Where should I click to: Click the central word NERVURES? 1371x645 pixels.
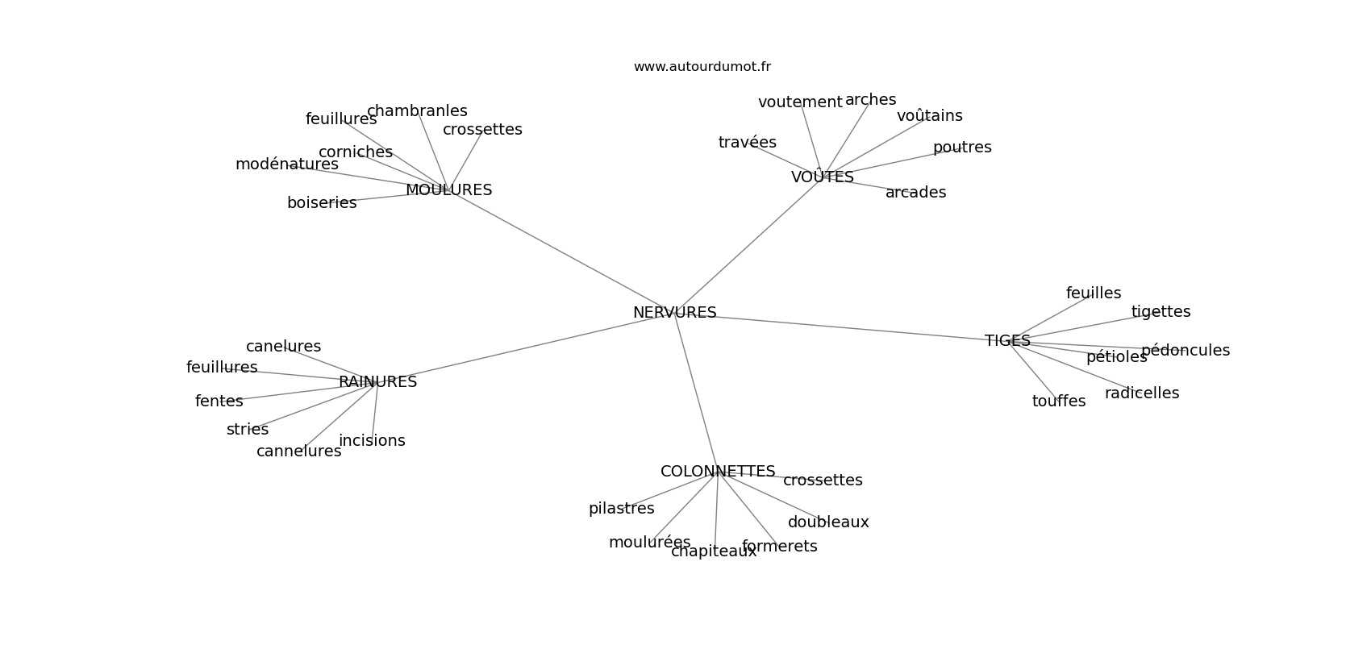pyautogui.click(x=674, y=313)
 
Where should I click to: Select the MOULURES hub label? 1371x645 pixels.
pyautogui.click(x=448, y=190)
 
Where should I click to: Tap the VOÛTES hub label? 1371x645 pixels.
pyautogui.click(x=822, y=177)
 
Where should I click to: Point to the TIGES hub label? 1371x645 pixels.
pyautogui.click(x=1007, y=341)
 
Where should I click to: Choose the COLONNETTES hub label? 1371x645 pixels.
pyautogui.click(x=717, y=472)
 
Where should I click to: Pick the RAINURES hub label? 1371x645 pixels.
pyautogui.click(x=377, y=382)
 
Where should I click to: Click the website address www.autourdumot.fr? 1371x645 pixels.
pyautogui.click(x=702, y=67)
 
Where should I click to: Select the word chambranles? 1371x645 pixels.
pyautogui.click(x=417, y=111)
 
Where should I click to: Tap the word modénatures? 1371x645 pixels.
pyautogui.click(x=286, y=164)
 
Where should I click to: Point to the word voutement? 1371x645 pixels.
pyautogui.click(x=799, y=102)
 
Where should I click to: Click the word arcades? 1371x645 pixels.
pyautogui.click(x=915, y=193)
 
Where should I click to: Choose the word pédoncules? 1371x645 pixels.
pyautogui.click(x=1186, y=351)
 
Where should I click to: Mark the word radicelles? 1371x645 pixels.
pyautogui.click(x=1141, y=393)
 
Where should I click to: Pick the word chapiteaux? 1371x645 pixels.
pyautogui.click(x=714, y=551)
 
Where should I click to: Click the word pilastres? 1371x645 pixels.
pyautogui.click(x=621, y=509)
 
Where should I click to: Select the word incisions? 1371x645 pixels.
pyautogui.click(x=372, y=441)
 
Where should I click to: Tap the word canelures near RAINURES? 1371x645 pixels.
pyautogui.click(x=283, y=347)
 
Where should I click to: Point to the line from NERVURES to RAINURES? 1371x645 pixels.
pyautogui.click(x=524, y=348)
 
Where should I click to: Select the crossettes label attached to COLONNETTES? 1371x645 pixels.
pyautogui.click(x=823, y=481)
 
